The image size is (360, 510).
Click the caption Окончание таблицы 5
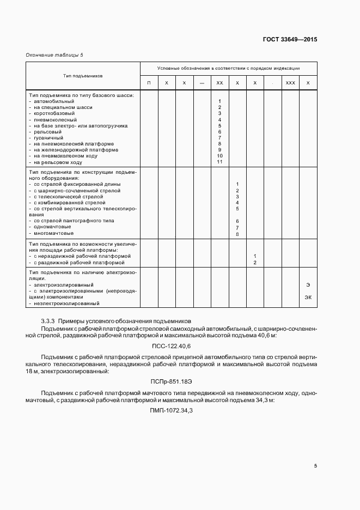pyautogui.click(x=55, y=55)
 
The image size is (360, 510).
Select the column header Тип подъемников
pyautogui.click(x=83, y=76)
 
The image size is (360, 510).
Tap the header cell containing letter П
pyautogui.click(x=149, y=82)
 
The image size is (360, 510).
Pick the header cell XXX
pyautogui.click(x=290, y=82)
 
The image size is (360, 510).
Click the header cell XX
pyautogui.click(x=219, y=82)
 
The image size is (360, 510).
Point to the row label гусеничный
pyautogui.click(x=48, y=138)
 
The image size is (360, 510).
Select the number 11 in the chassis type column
pyautogui.click(x=219, y=162)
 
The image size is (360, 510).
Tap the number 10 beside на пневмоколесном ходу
pyautogui.click(x=219, y=156)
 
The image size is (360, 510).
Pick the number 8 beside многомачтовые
pyautogui.click(x=237, y=233)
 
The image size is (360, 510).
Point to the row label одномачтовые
pyautogui.click(x=52, y=227)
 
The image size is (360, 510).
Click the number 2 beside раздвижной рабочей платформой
pyautogui.click(x=255, y=263)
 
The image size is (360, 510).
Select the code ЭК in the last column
pyautogui.click(x=308, y=297)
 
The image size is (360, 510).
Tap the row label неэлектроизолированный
pyautogui.click(x=66, y=303)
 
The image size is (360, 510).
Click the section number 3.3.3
pyautogui.click(x=48, y=320)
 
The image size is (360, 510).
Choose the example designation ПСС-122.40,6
pyautogui.click(x=171, y=346)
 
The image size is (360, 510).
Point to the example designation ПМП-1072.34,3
pyautogui.click(x=171, y=411)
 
